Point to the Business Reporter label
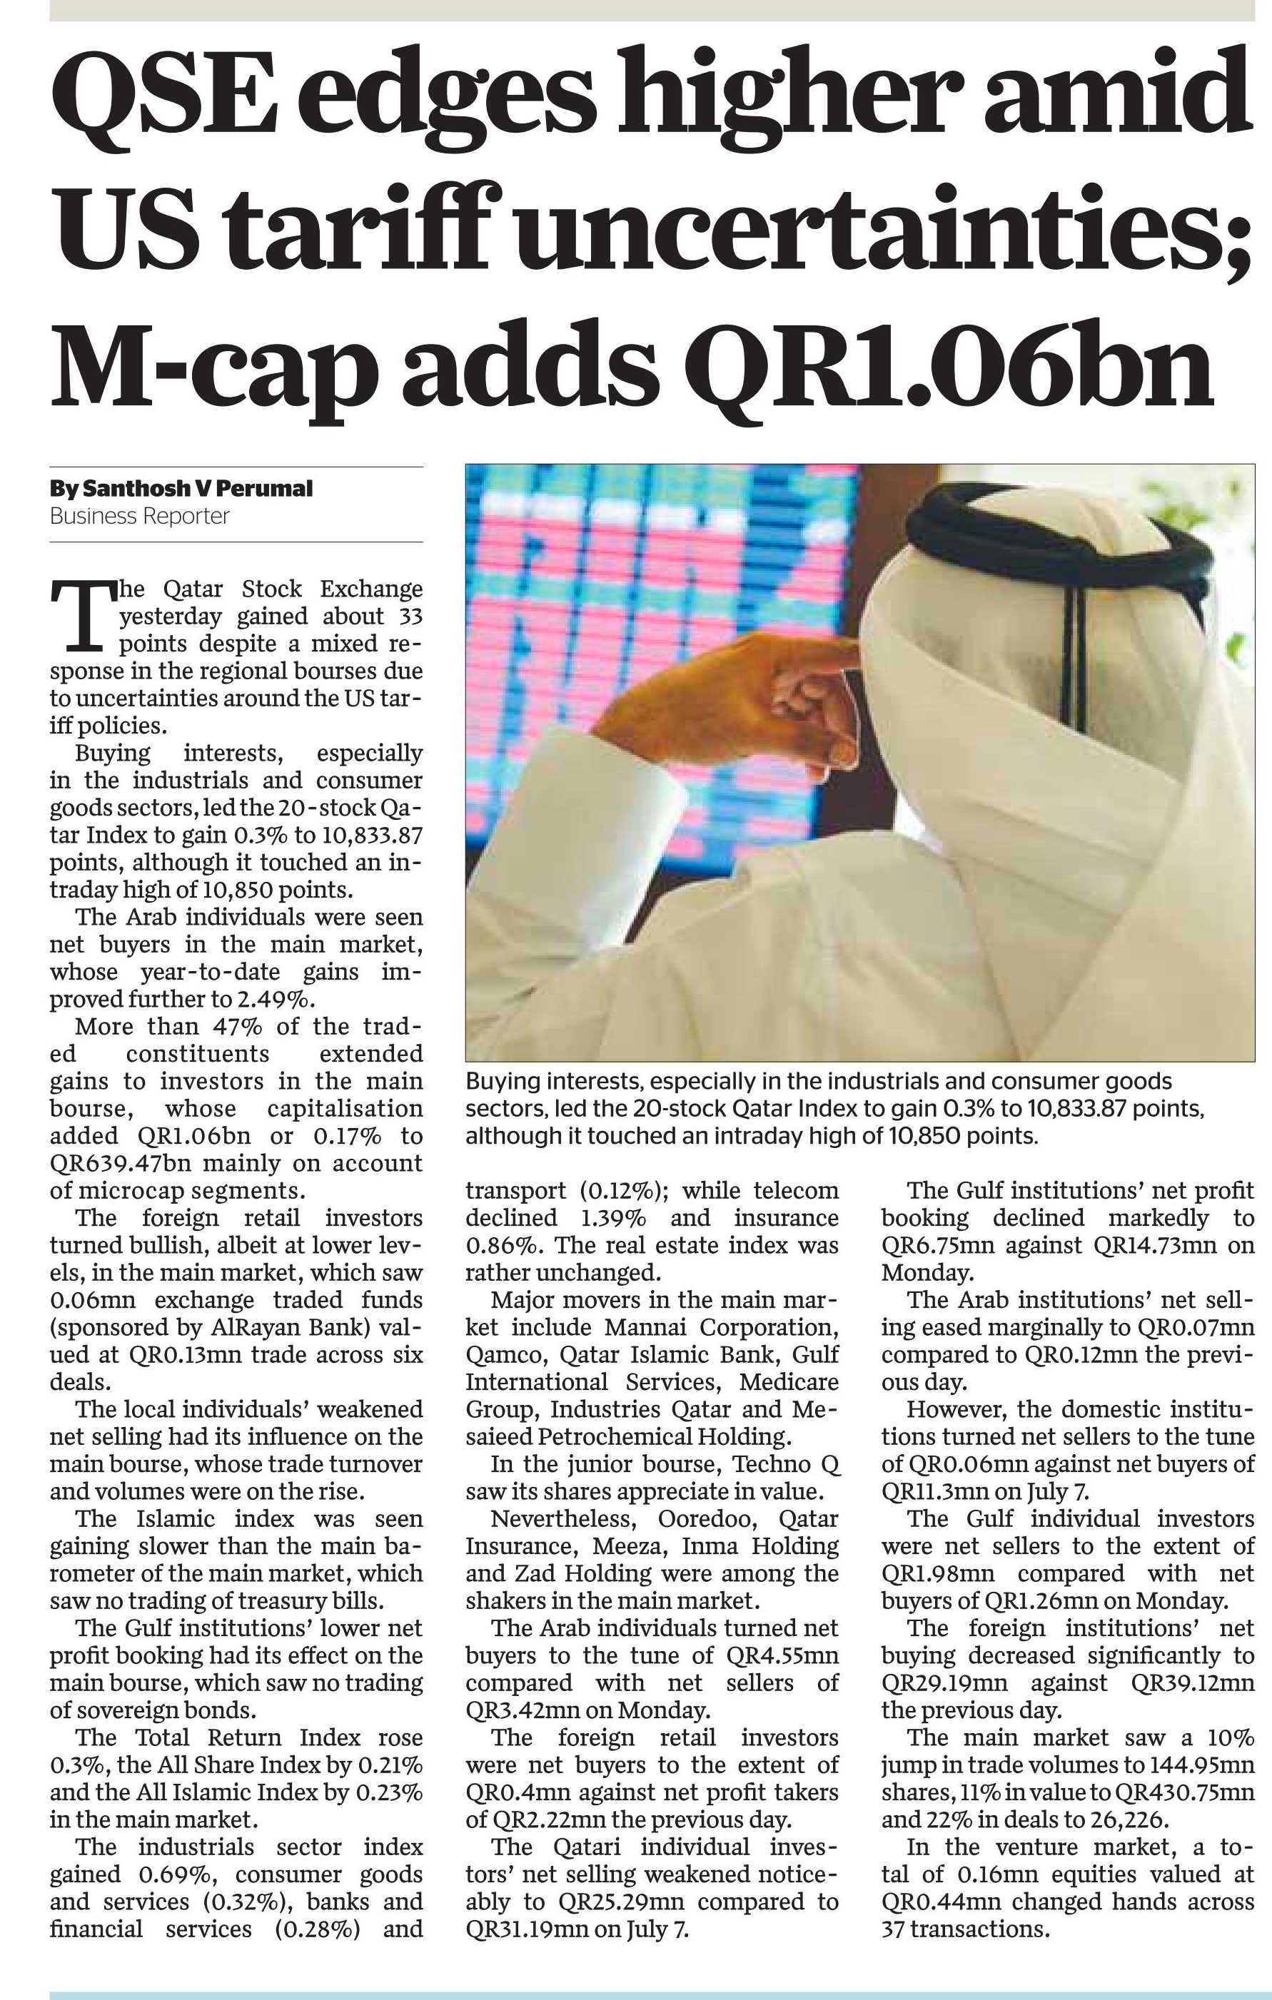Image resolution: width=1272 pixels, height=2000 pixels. click(140, 516)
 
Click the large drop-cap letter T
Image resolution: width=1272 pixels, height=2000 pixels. click(81, 614)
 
